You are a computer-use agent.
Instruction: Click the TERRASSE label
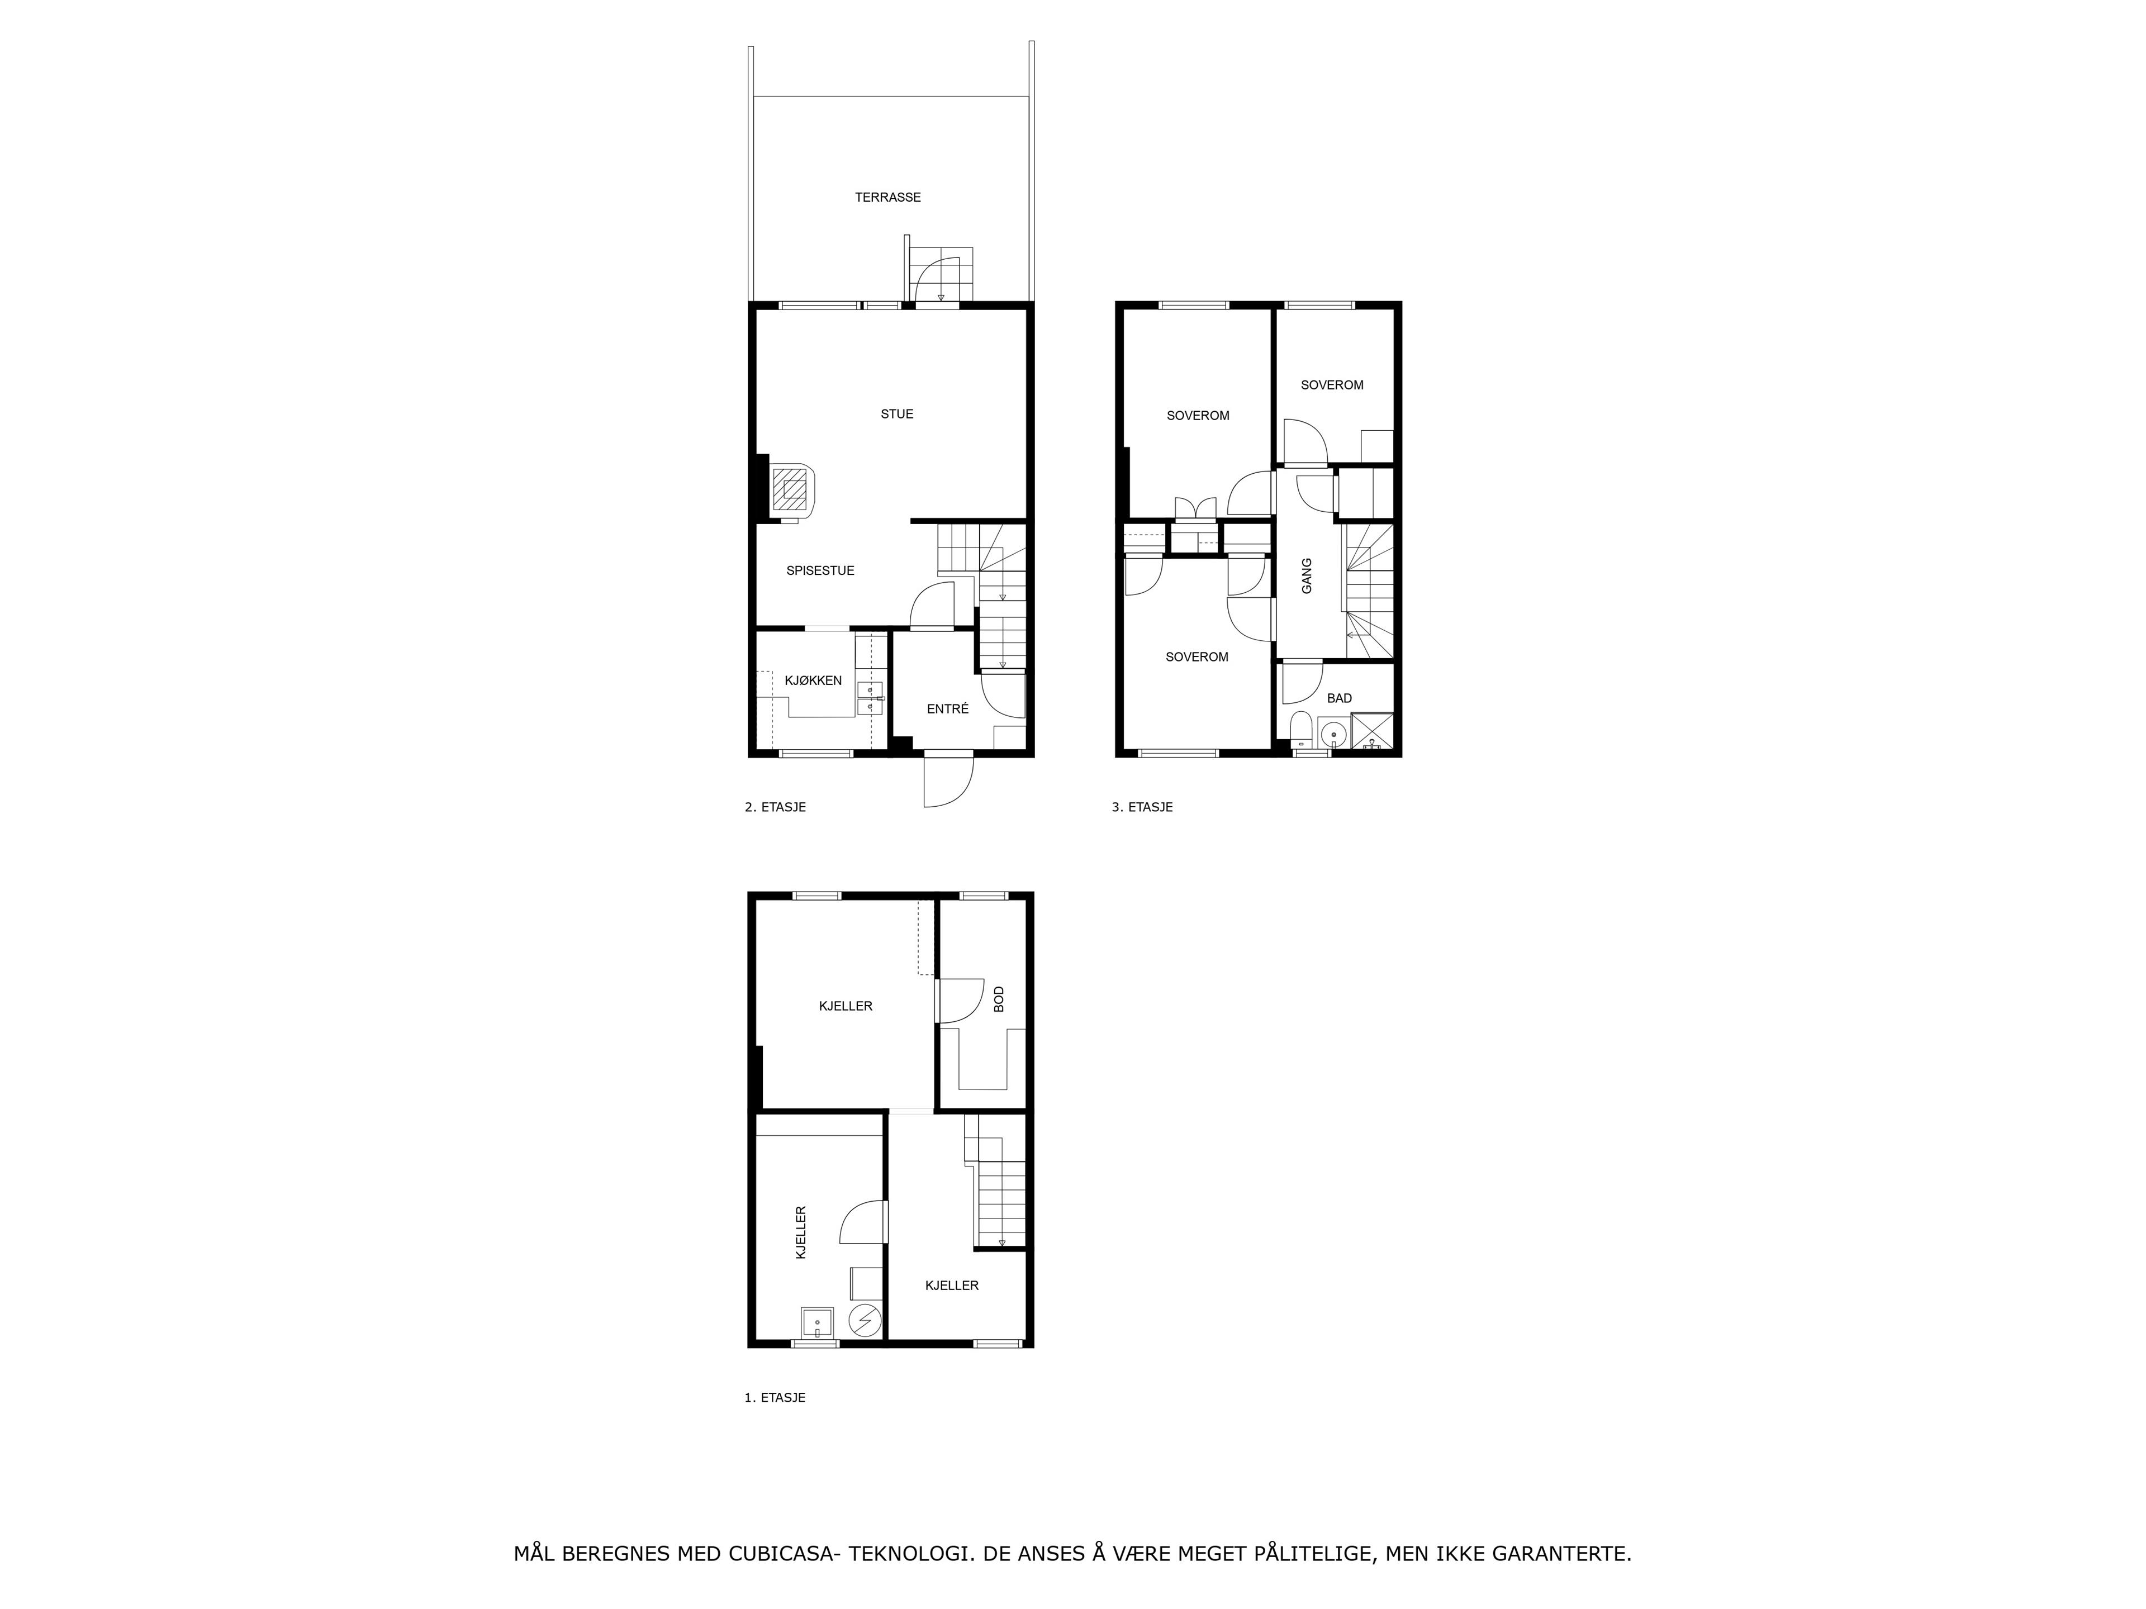887,197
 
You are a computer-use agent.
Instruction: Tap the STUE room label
896,414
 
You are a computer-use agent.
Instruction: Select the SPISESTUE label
820,570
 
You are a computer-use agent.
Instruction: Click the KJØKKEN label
813,681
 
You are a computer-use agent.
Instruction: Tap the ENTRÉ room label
948,709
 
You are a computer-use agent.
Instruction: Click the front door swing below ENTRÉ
948,780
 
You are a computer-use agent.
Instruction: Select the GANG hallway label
1307,576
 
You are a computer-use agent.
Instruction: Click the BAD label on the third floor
1340,698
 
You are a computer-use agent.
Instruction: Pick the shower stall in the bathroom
1372,732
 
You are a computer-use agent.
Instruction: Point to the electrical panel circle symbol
863,1320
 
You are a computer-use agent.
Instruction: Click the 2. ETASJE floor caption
775,807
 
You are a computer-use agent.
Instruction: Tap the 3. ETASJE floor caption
1142,807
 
